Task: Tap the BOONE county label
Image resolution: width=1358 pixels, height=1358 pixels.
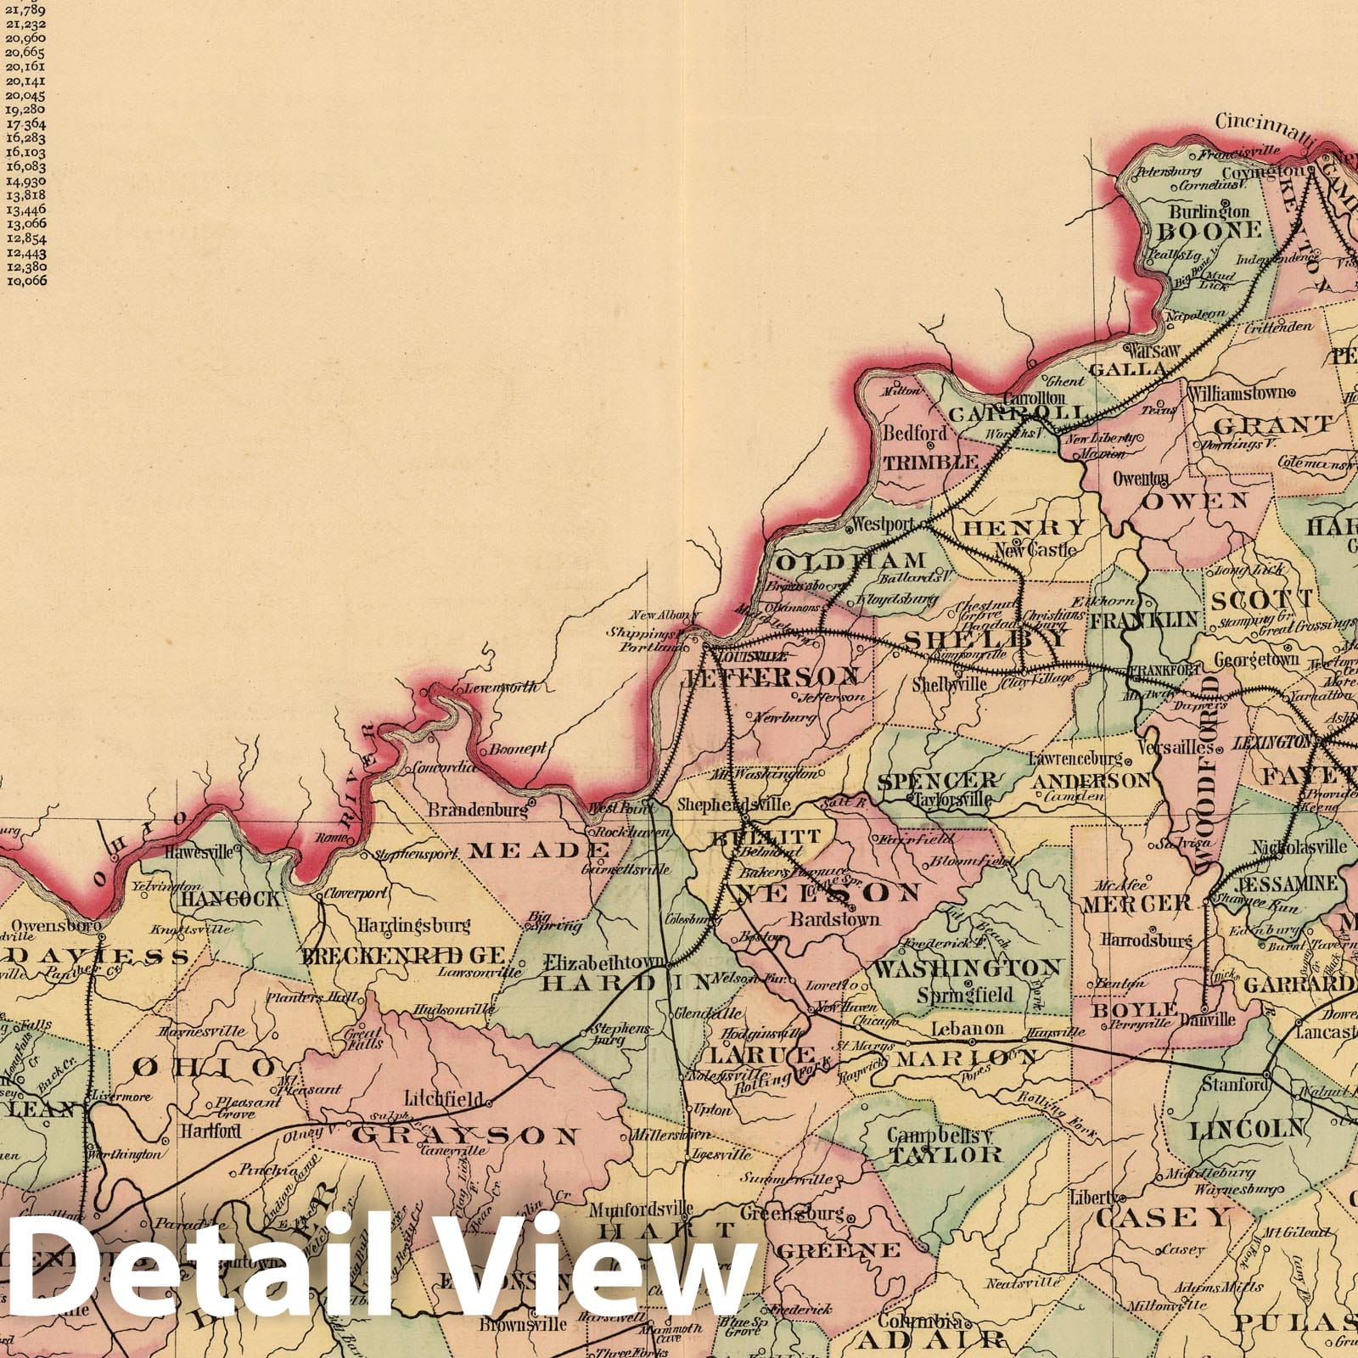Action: click(x=1204, y=230)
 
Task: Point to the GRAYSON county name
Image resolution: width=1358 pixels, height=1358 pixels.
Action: click(x=465, y=1135)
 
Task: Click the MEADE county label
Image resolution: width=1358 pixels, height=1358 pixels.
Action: click(x=539, y=850)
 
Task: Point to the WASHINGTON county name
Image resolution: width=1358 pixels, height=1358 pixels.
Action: click(x=968, y=968)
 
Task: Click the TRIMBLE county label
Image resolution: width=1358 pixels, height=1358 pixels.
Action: click(x=931, y=463)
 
